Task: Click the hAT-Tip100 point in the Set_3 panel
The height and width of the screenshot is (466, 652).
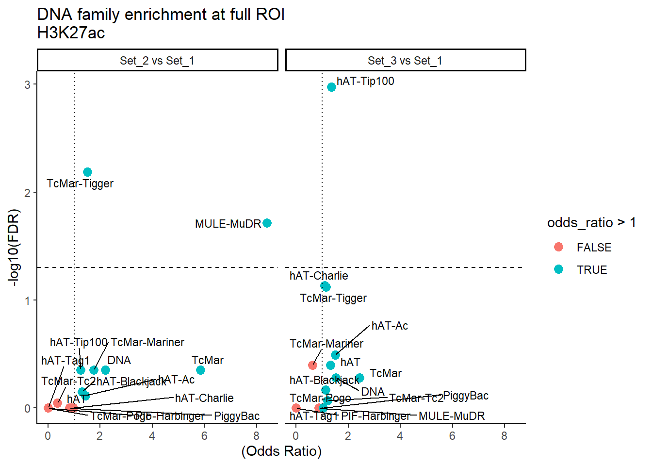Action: coord(331,87)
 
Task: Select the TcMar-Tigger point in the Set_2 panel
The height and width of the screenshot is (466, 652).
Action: coord(87,172)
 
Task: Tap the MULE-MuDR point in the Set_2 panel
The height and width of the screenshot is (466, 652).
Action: coord(267,223)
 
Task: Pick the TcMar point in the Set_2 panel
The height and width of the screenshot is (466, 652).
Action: coord(200,370)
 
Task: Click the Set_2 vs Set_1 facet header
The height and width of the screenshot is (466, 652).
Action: coord(157,61)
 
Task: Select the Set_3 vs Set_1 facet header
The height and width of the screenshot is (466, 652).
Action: coord(405,61)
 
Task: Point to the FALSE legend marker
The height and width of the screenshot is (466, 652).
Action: coord(558,247)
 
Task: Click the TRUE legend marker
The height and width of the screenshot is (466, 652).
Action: coord(558,269)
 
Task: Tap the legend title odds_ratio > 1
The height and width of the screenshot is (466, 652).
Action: coord(591,223)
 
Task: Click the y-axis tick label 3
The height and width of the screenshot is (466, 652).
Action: coord(28,85)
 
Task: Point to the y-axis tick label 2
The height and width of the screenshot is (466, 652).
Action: coord(28,193)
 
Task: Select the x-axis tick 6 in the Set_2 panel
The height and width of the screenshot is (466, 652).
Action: coord(204,436)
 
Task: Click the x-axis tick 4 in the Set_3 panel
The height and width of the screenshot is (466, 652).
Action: coord(400,436)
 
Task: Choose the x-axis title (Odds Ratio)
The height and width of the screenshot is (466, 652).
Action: coord(281,451)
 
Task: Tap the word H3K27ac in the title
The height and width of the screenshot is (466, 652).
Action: coord(71,33)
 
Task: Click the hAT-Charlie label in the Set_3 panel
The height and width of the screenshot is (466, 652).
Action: coord(319,276)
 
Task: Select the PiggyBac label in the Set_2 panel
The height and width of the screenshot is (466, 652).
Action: coord(237,416)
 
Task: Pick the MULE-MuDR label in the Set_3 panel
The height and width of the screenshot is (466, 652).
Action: coord(452,416)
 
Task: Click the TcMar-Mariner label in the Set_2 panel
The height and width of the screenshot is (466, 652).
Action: coord(147,343)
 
